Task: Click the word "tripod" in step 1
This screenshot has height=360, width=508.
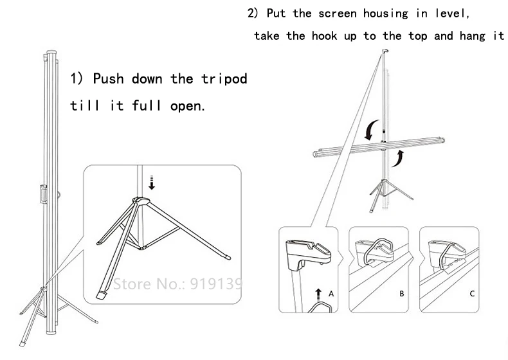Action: coord(221,79)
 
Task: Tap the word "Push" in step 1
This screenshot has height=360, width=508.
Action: coord(110,79)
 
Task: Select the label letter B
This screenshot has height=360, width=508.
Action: coord(401,294)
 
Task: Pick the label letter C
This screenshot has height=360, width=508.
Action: coord(471,294)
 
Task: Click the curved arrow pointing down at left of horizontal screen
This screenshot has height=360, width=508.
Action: coord(369,130)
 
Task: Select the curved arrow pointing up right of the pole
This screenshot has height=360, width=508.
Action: coord(399,158)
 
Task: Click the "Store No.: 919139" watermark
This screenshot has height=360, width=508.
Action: coord(177,282)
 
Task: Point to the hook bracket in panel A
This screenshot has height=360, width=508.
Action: coord(305,252)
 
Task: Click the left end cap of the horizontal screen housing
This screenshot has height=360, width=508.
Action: coord(314,153)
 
